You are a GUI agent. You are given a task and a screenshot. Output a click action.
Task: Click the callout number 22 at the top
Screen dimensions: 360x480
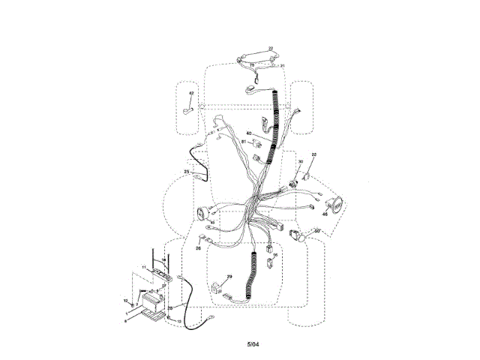coord(271,49)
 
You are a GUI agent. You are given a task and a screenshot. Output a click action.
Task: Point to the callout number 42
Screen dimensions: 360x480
coord(191,94)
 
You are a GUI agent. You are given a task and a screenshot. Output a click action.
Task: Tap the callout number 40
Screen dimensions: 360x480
coord(249,134)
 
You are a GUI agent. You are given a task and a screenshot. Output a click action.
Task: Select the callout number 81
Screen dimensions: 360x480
coord(244,142)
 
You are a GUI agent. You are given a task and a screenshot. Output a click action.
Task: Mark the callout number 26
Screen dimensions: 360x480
coord(199,248)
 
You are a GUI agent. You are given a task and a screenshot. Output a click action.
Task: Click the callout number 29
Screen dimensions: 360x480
coord(229,277)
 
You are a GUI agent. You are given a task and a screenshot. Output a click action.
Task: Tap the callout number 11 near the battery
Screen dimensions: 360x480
coord(144,268)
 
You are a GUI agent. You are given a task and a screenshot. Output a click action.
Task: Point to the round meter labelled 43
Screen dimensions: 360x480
coord(203,213)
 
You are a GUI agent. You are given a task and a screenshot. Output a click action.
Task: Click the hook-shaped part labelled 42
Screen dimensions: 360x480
coord(187,111)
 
